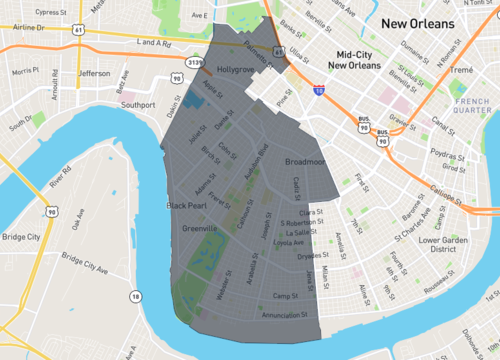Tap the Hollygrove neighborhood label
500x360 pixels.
(237, 70)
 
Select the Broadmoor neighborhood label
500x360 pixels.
(306, 161)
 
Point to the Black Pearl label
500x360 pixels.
(186, 205)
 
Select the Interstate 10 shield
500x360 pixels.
(317, 91)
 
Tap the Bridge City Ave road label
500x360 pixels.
(84, 263)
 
